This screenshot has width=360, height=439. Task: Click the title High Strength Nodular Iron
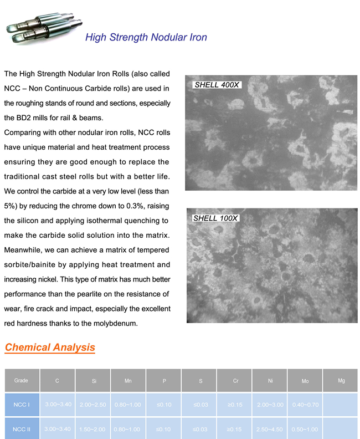click(146, 38)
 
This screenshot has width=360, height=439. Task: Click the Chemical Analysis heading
click(50, 348)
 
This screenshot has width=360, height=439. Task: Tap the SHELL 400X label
click(216, 85)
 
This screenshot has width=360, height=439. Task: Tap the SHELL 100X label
click(215, 218)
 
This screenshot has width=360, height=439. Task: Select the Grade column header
click(21, 380)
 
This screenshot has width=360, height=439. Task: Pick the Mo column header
click(305, 381)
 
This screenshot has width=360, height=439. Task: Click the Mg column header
click(341, 380)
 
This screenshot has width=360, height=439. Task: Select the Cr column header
click(236, 381)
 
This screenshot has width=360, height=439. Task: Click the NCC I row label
click(22, 405)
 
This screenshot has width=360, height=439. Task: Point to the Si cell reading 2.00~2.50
click(92, 405)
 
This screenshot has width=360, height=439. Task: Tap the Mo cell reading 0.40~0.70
click(305, 405)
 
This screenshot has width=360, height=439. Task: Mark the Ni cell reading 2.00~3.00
click(270, 405)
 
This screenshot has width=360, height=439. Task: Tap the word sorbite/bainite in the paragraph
click(33, 265)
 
